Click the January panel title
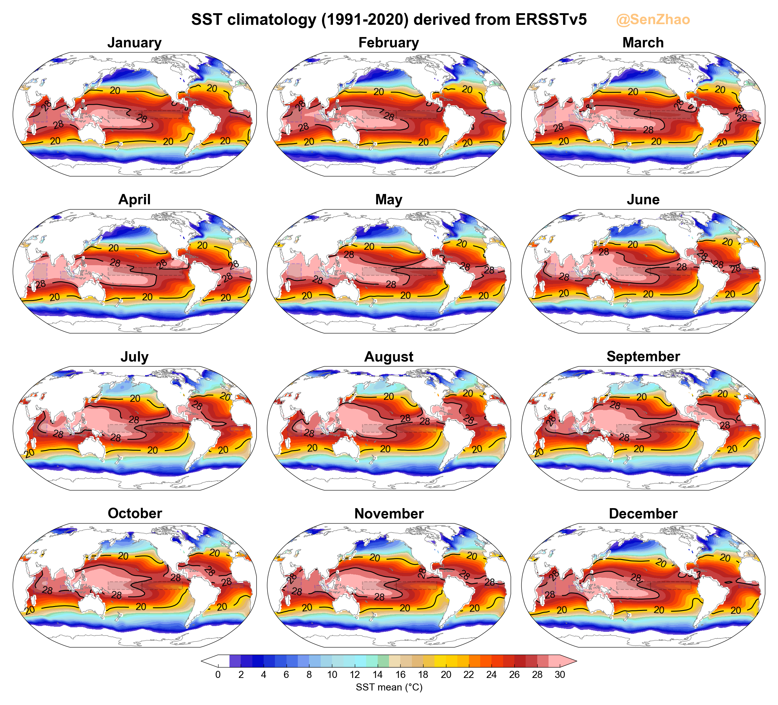[134, 43]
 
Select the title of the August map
[389, 357]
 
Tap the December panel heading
[643, 514]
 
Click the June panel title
[643, 199]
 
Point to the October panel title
[135, 513]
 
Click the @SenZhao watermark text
[653, 20]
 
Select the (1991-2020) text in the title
[365, 20]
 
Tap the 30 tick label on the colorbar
[559, 674]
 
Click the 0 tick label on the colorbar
[218, 674]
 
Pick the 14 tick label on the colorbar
[377, 674]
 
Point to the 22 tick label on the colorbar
[469, 674]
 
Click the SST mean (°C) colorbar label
[389, 687]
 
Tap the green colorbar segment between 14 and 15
[383, 661]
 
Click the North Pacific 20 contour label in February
[379, 92]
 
